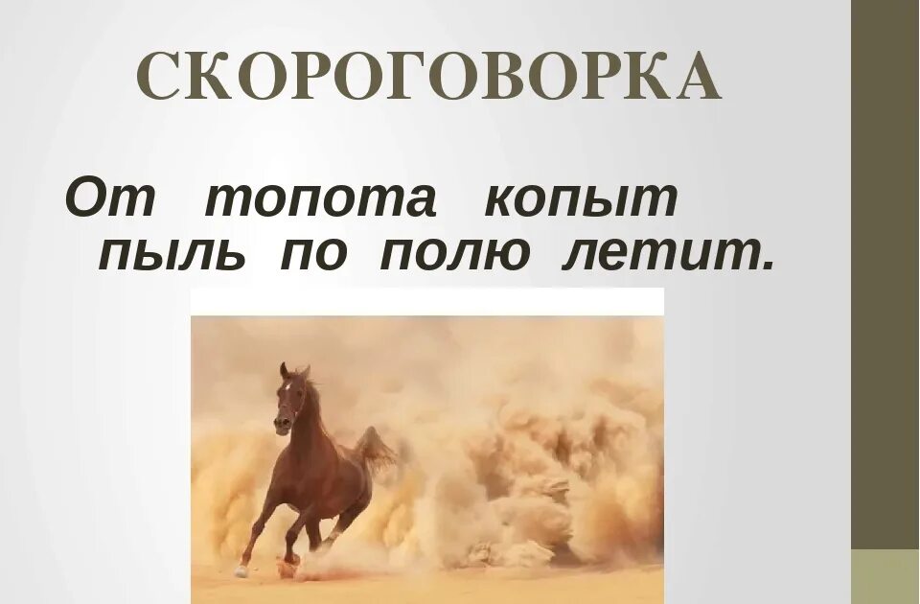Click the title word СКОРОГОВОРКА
pos(428,78)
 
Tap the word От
pos(109,198)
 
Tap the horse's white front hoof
pos(241,570)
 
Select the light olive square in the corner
pos(885,576)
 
